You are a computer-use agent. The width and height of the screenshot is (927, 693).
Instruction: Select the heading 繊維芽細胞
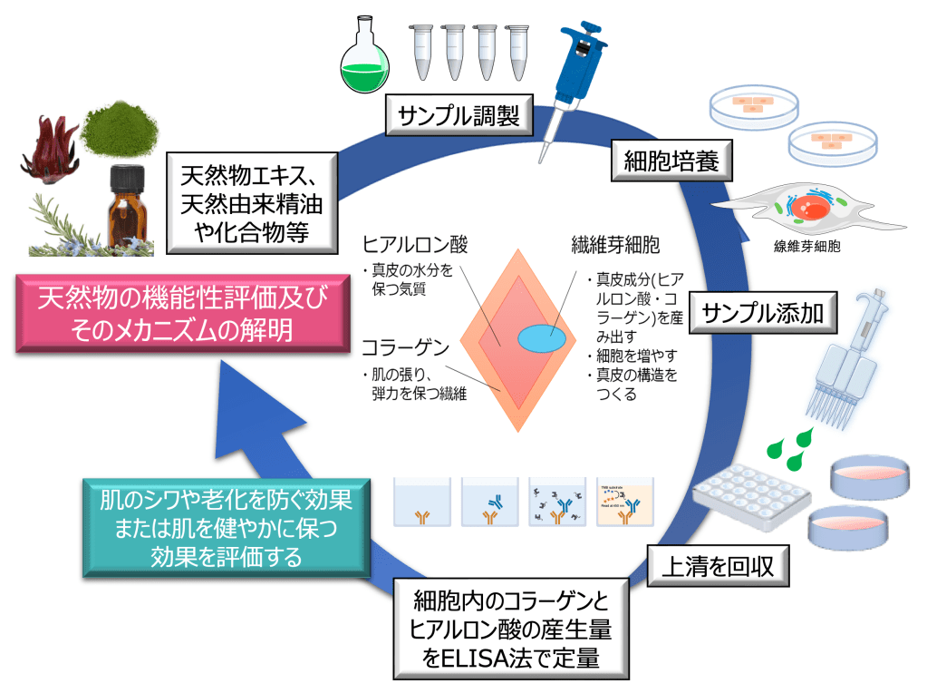[615, 245]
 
